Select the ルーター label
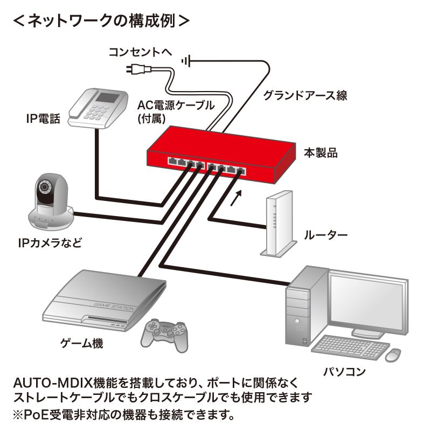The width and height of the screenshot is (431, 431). [325, 235]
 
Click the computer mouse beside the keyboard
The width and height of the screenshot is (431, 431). [393, 354]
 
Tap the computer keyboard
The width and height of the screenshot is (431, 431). [348, 349]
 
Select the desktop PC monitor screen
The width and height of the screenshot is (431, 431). [366, 301]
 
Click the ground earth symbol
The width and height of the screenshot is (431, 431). [186, 61]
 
